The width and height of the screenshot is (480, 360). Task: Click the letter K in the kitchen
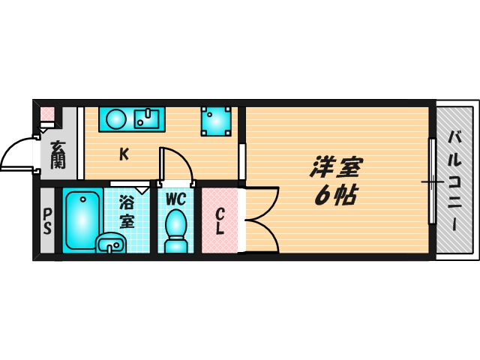124,155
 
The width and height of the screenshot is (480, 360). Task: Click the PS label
46,221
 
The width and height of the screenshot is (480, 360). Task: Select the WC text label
175,199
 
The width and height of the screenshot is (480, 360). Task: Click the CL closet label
220,221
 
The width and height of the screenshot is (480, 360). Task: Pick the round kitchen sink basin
116,119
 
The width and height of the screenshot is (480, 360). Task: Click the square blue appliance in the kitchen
216,121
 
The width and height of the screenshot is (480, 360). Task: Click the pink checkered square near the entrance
47,115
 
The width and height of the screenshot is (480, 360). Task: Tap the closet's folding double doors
259,221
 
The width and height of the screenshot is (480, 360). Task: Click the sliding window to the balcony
432,181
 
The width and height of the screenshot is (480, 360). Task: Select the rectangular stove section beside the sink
148,118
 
